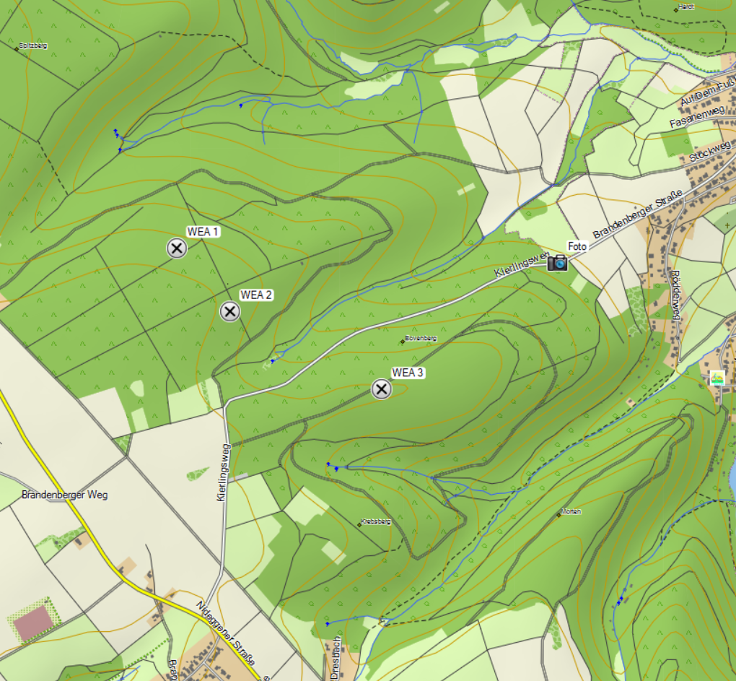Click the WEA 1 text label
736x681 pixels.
point(203,232)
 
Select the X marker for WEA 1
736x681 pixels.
point(177,248)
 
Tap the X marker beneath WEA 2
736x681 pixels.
point(229,312)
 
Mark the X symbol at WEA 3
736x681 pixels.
point(381,389)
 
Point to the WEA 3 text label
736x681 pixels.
point(408,373)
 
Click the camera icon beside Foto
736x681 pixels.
point(557,263)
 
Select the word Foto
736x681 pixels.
point(577,246)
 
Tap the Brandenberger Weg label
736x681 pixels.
point(64,495)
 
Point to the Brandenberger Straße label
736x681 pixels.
point(638,214)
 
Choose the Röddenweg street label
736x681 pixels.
point(676,295)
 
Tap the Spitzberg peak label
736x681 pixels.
point(33,45)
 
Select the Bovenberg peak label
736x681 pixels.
point(421,338)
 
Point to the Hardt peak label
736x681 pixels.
point(686,7)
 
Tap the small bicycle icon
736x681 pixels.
point(717,377)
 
